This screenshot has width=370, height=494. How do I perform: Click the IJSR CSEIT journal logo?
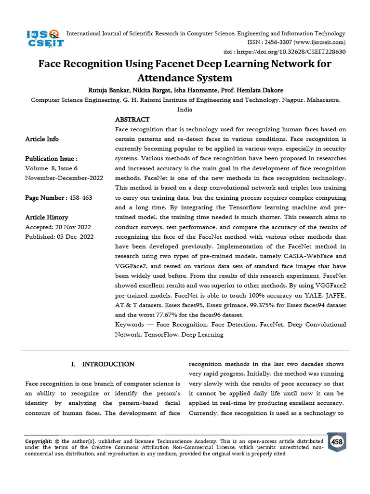(x=44, y=38)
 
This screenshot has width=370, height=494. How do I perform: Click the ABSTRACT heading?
(x=132, y=120)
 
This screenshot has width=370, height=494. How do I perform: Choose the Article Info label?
(x=42, y=139)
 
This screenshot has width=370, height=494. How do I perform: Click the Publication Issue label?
(x=51, y=159)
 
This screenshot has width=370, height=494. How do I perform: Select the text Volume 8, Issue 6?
(x=51, y=168)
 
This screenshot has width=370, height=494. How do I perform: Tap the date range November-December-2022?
(x=64, y=178)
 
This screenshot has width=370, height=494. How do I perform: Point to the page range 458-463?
(x=80, y=198)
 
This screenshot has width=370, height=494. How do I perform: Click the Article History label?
(x=47, y=217)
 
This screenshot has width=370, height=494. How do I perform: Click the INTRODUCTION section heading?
(x=108, y=364)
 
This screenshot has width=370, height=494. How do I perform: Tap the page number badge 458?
(x=337, y=442)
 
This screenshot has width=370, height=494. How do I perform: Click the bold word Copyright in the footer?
(x=38, y=441)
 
